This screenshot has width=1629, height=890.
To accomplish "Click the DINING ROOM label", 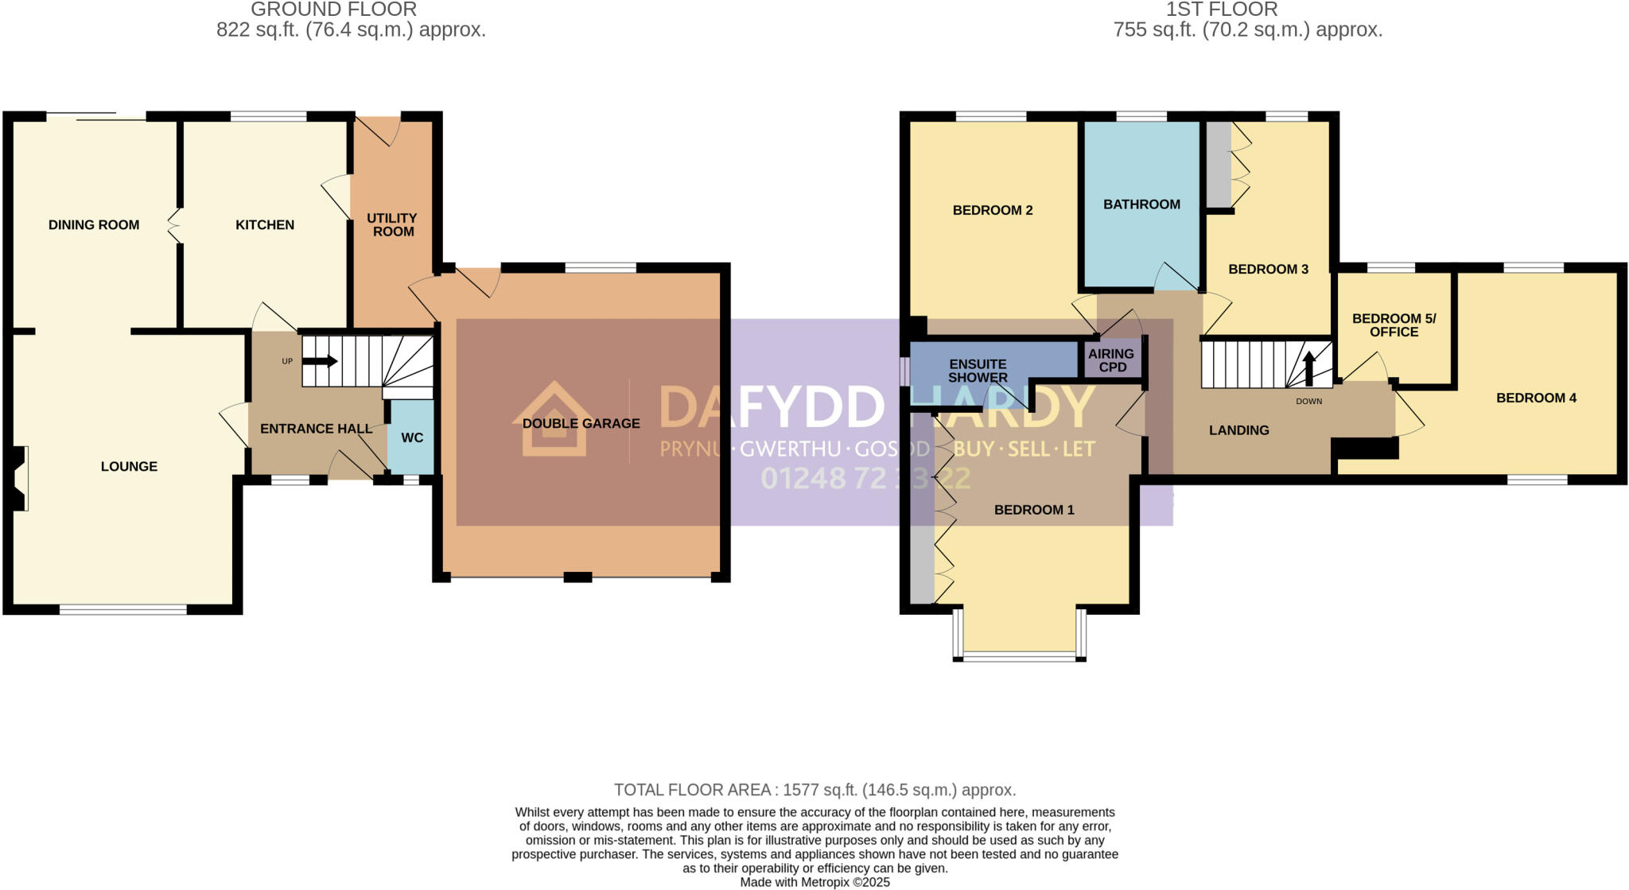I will click(94, 225).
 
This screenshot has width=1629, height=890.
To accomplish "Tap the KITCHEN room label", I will click(265, 225).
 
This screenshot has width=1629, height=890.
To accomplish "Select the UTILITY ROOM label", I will click(392, 224).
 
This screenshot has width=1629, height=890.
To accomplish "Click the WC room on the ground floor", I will click(411, 437).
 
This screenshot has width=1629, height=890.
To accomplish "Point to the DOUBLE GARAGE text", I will click(581, 423).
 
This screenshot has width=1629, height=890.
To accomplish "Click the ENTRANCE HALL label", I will click(316, 429).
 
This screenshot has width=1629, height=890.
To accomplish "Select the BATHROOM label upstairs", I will click(1141, 204).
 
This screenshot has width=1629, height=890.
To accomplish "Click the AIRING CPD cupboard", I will click(1111, 359).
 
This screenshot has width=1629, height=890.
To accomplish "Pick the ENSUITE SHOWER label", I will click(978, 371).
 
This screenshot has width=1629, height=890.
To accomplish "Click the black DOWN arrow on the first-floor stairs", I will click(1308, 368).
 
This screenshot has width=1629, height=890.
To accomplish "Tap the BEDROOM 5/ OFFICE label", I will click(1394, 325).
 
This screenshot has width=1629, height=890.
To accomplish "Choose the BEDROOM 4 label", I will click(1536, 398).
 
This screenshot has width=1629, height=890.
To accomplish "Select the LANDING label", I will click(1238, 430).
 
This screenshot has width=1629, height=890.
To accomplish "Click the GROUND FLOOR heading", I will click(333, 10).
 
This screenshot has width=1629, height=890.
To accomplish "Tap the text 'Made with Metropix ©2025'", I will click(814, 882).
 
